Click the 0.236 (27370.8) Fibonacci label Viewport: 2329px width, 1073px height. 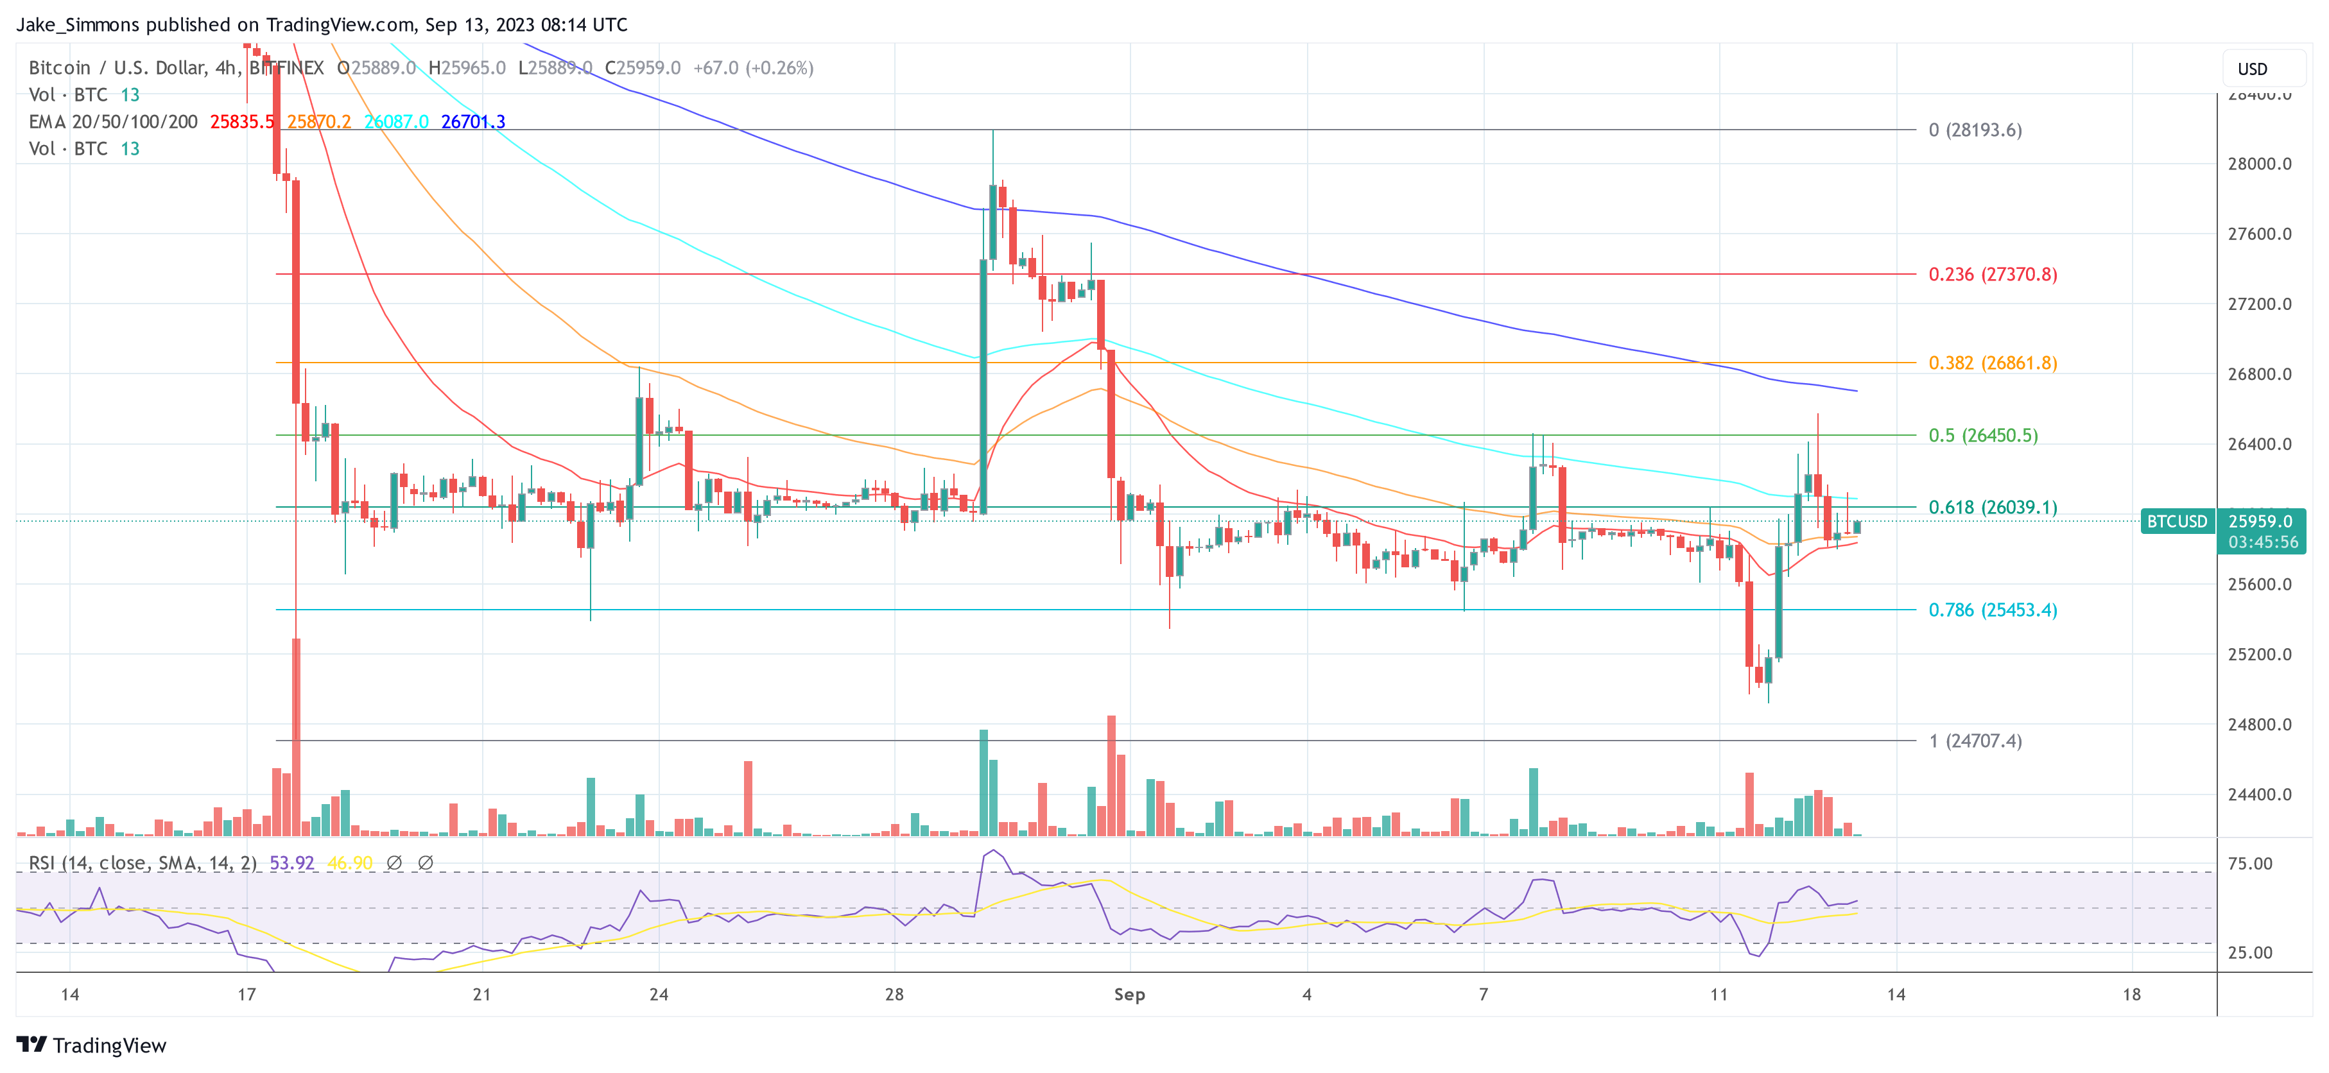tap(1992, 274)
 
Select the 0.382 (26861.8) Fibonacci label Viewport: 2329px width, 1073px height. tap(1992, 363)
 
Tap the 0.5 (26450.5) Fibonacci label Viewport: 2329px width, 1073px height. tap(1983, 435)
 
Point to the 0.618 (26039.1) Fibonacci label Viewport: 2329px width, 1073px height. tap(1992, 507)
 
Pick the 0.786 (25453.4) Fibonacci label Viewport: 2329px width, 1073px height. tap(1992, 610)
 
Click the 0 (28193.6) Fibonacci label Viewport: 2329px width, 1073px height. tap(1975, 130)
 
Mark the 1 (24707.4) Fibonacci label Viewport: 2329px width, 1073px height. tap(1975, 741)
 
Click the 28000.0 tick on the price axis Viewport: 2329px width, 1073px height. tap(2258, 164)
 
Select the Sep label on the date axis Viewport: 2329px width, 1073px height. tap(1129, 994)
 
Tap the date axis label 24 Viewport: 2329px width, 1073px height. tap(659, 994)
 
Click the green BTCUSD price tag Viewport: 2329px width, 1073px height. tap(2177, 522)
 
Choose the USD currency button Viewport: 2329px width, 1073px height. tap(2252, 69)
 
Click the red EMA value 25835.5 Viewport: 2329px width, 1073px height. tap(241, 121)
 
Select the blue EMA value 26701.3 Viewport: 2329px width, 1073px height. tap(473, 121)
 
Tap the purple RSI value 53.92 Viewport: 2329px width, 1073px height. tap(291, 863)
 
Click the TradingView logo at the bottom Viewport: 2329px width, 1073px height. tap(91, 1045)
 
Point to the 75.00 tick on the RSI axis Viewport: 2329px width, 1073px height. tap(2249, 863)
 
